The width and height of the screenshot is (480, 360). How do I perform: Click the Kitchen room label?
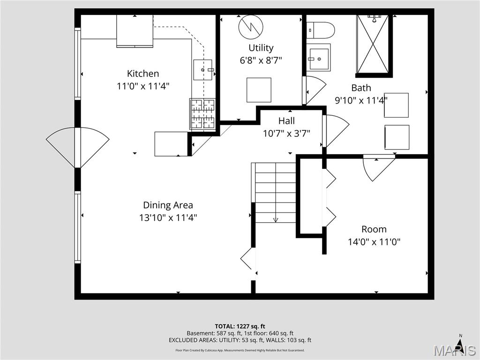tap(143, 74)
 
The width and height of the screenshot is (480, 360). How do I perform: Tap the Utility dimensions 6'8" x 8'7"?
tap(261, 60)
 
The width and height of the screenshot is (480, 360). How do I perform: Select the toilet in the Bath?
tap(321, 30)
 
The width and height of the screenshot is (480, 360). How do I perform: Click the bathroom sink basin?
tap(319, 57)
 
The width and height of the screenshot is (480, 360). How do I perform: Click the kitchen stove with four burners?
tap(202, 113)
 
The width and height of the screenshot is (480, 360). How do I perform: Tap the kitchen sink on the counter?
tap(203, 70)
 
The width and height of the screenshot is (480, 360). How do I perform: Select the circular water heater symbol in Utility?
tap(251, 28)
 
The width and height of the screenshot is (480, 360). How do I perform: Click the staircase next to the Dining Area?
tap(275, 193)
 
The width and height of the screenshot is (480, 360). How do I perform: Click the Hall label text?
tap(286, 121)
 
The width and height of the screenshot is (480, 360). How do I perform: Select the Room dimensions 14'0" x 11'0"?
tap(374, 242)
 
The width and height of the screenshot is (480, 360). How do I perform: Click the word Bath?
tap(361, 88)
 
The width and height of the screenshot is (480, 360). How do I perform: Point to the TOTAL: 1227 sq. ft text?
tap(240, 326)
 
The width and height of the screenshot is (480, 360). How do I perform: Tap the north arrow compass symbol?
tap(460, 345)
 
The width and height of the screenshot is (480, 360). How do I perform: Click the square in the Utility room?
tap(259, 90)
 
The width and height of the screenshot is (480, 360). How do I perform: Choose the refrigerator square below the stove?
tap(171, 144)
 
